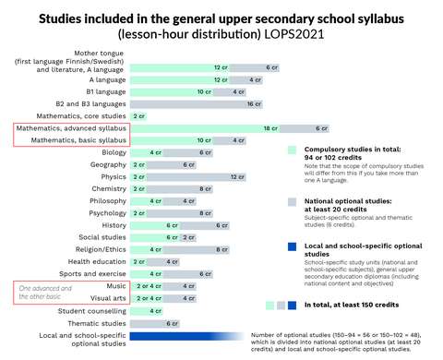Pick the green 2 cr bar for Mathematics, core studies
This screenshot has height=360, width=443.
pos(139,116)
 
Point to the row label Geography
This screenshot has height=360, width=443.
pos(110,164)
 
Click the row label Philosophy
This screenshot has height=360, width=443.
pos(108,200)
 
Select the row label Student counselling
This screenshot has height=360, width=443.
pos(92,310)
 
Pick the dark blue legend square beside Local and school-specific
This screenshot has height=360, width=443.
pos(292,247)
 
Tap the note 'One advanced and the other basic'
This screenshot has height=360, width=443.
pos(46,293)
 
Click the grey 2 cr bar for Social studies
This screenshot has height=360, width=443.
pos(188,237)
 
